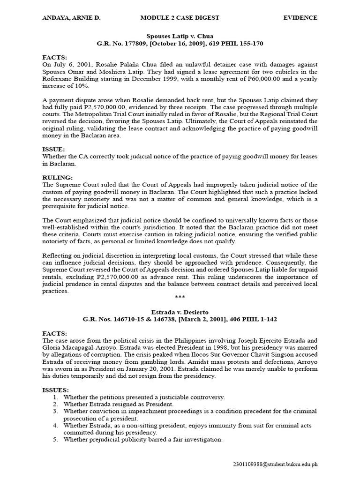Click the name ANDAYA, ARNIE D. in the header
71,18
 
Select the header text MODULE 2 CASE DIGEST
180,18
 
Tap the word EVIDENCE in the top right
300,18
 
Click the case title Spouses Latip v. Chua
180,36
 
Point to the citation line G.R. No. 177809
180,44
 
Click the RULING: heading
58,178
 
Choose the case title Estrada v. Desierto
180,312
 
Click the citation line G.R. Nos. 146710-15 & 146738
180,320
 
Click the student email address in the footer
275,464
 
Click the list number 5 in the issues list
55,440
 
